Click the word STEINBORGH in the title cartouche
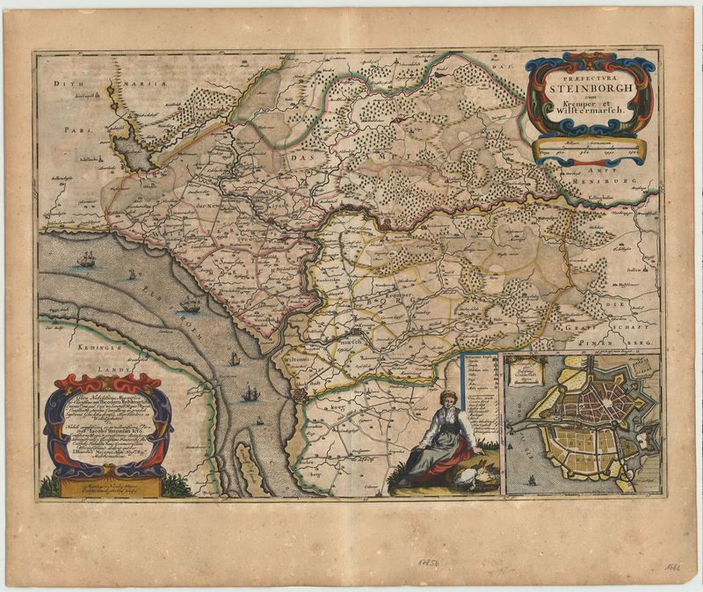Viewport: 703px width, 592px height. (588, 86)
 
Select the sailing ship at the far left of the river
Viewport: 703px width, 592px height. (86, 259)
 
